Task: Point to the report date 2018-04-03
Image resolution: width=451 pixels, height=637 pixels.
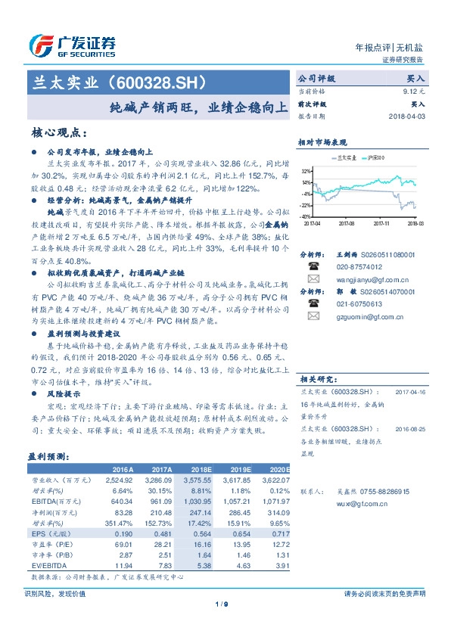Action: click(407, 117)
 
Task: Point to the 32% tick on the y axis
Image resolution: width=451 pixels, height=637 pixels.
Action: click(305, 172)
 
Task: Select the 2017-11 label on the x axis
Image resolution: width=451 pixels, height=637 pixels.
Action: click(381, 224)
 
